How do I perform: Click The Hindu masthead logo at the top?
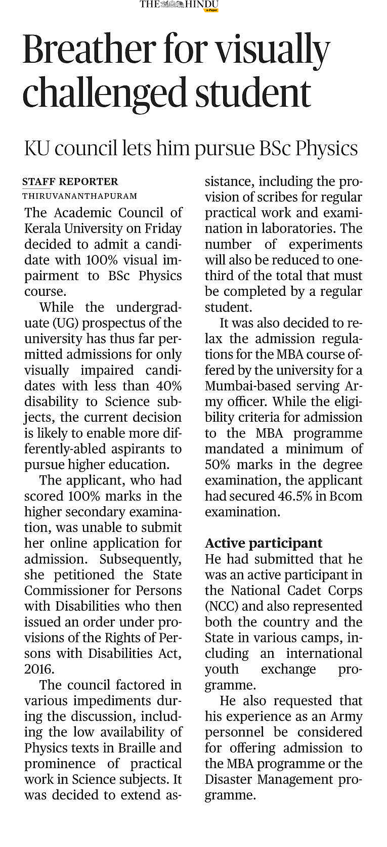tap(179, 5)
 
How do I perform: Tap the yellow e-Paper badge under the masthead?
tap(211, 10)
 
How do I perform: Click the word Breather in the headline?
tap(89, 50)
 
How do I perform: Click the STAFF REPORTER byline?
tap(70, 182)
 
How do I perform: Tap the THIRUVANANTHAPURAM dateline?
tap(79, 196)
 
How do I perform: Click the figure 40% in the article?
tap(168, 386)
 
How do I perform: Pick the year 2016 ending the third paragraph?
tap(38, 669)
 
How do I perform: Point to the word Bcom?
tap(346, 496)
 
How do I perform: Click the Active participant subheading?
tap(264, 543)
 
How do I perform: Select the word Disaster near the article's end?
tap(228, 779)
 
